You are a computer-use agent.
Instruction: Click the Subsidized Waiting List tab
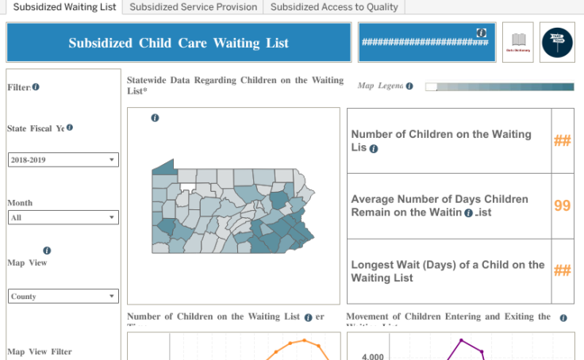point(65,7)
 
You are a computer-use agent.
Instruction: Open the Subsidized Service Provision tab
point(194,7)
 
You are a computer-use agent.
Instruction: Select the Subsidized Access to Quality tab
point(334,7)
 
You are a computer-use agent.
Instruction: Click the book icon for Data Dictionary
point(517,41)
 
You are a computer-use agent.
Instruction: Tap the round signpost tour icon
point(557,41)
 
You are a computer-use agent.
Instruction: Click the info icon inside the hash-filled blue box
point(481,32)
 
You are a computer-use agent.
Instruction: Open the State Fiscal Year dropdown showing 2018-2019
point(63,160)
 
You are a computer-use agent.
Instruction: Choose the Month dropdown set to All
point(63,217)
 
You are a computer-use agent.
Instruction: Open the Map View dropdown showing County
point(63,297)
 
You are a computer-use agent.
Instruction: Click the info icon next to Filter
point(36,87)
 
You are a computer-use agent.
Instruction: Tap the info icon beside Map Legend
point(409,86)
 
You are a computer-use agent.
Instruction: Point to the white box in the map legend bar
point(431,86)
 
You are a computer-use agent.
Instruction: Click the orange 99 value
point(563,205)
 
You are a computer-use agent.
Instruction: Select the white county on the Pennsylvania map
point(187,190)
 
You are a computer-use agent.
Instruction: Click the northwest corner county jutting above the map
point(163,167)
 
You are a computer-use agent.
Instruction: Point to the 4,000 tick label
point(373,356)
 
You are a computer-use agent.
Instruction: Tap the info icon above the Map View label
point(47,251)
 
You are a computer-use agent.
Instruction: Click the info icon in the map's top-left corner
point(155,118)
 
